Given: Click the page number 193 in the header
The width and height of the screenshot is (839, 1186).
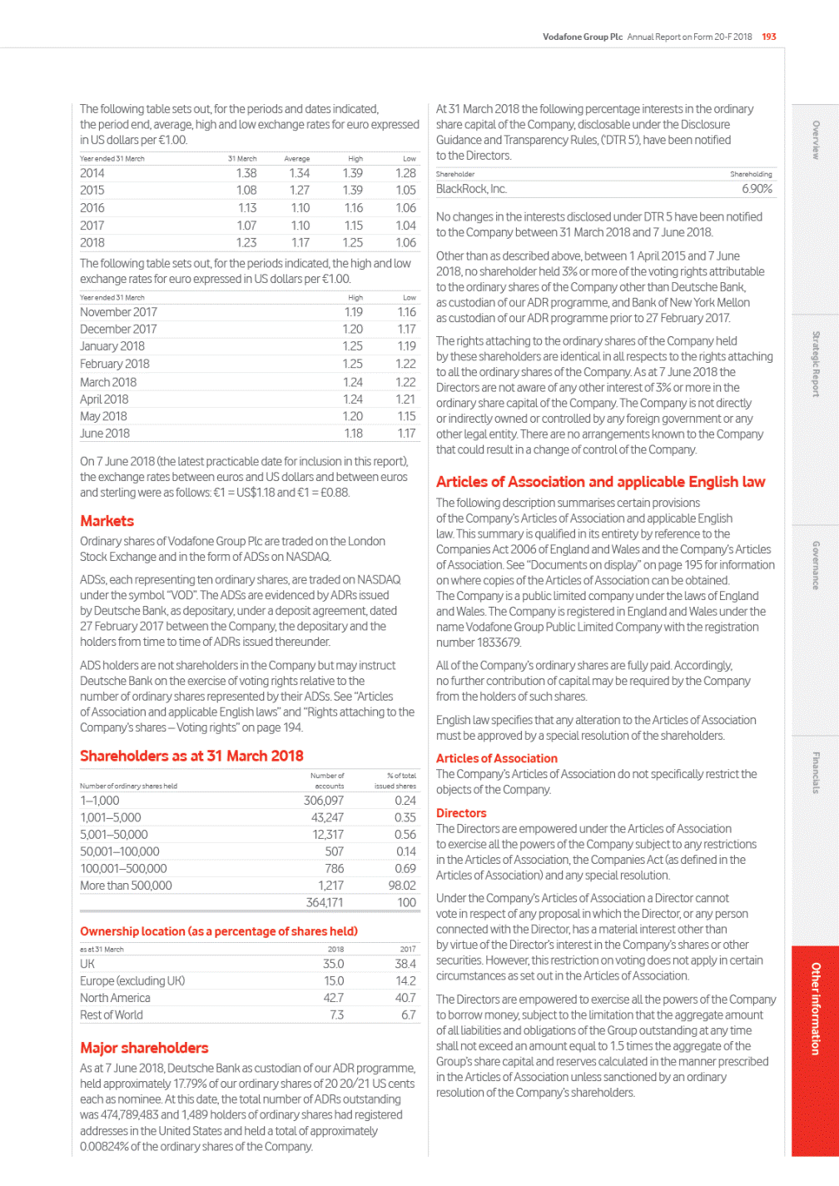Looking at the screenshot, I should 769,37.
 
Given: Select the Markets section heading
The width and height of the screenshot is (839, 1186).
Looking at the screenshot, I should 107,521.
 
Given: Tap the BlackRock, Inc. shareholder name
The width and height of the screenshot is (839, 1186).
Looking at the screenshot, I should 471,189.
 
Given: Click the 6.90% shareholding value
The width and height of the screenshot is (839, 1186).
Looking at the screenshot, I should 757,189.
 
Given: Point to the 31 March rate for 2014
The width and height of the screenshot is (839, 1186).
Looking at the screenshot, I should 246,173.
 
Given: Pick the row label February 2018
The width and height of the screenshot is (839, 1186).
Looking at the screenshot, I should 115,364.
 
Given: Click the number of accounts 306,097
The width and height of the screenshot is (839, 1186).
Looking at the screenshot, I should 324,801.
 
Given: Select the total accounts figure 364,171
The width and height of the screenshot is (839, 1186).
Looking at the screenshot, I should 325,902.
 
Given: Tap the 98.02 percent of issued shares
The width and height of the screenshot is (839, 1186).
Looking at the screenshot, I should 402,886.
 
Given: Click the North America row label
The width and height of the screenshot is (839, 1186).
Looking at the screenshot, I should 115,998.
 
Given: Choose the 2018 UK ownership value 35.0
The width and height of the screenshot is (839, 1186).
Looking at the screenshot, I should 334,964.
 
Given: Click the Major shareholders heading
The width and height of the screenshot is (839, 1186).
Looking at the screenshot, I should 144,1048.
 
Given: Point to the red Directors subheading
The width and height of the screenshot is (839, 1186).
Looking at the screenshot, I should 461,813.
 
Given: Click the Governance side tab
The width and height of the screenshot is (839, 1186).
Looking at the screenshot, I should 816,566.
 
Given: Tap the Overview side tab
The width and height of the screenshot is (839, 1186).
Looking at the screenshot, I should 816,140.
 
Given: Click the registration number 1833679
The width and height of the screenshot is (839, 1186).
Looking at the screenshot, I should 499,643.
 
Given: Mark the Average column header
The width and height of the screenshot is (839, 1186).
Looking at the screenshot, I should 297,158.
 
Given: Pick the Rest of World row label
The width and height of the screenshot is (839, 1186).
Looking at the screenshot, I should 112,1015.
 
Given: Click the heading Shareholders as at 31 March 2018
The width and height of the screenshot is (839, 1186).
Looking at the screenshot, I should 191,756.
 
